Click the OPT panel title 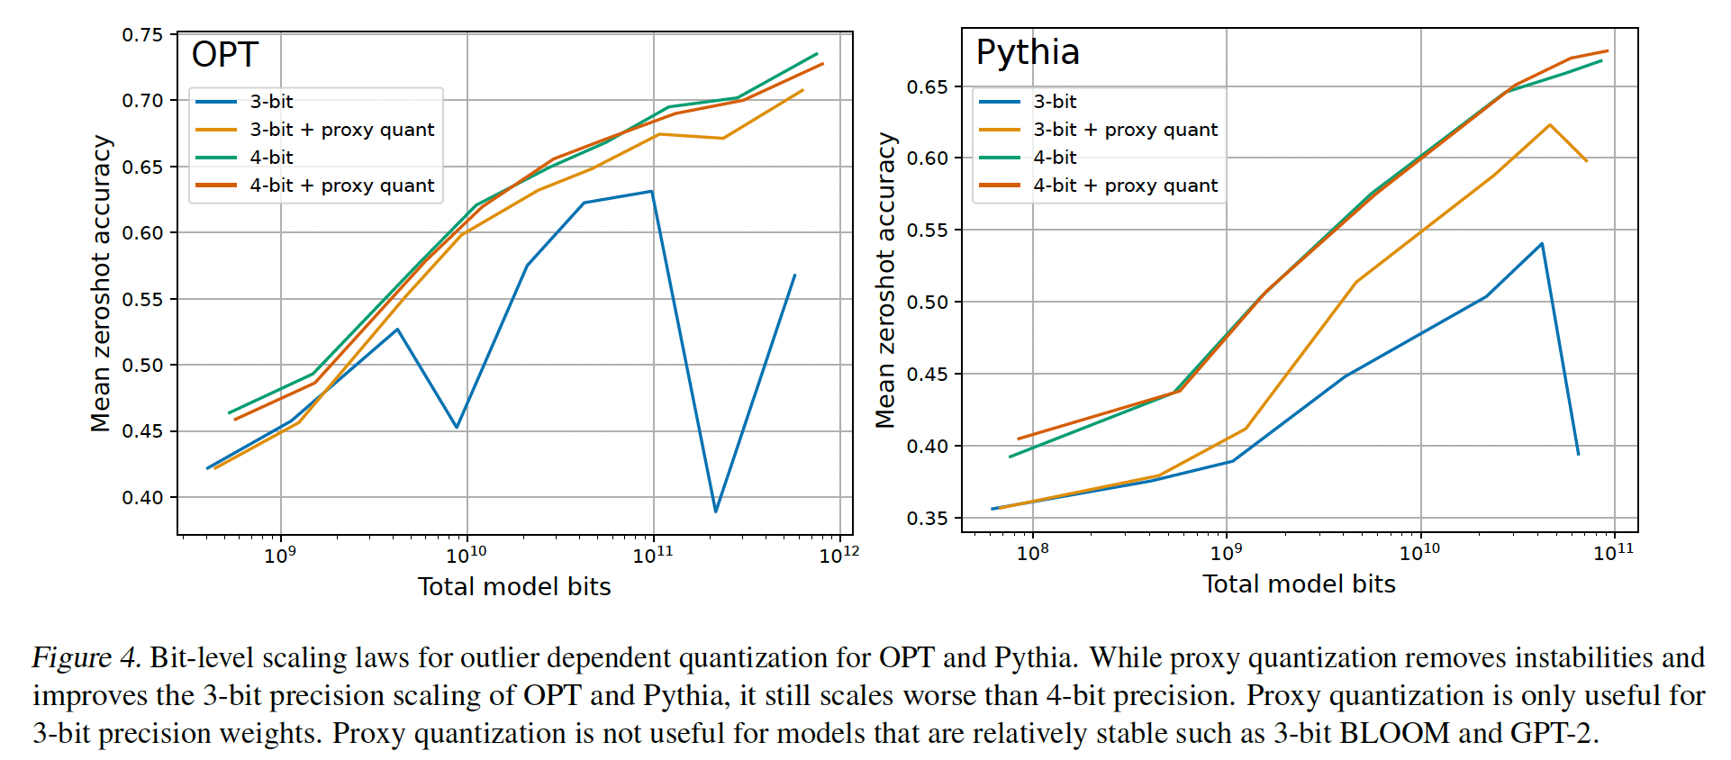coord(225,55)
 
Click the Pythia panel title coord(1028,52)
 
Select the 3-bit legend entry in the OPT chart coord(271,102)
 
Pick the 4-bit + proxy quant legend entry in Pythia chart coord(1125,185)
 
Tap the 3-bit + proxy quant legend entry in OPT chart coord(341,130)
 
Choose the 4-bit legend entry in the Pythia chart coord(1055,158)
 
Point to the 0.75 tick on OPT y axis coord(143,35)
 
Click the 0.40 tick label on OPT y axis coord(143,497)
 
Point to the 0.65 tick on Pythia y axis coord(927,86)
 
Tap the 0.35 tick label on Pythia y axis coord(927,518)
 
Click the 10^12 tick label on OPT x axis coord(838,555)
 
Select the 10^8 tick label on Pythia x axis coord(1032,552)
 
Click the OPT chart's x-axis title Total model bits coord(514,587)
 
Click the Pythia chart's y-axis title coord(886,280)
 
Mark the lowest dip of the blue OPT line coord(716,511)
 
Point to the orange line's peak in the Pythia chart coord(1550,125)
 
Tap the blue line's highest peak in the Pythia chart coord(1542,244)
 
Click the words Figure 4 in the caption coord(86,657)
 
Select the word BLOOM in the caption coord(1394,733)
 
